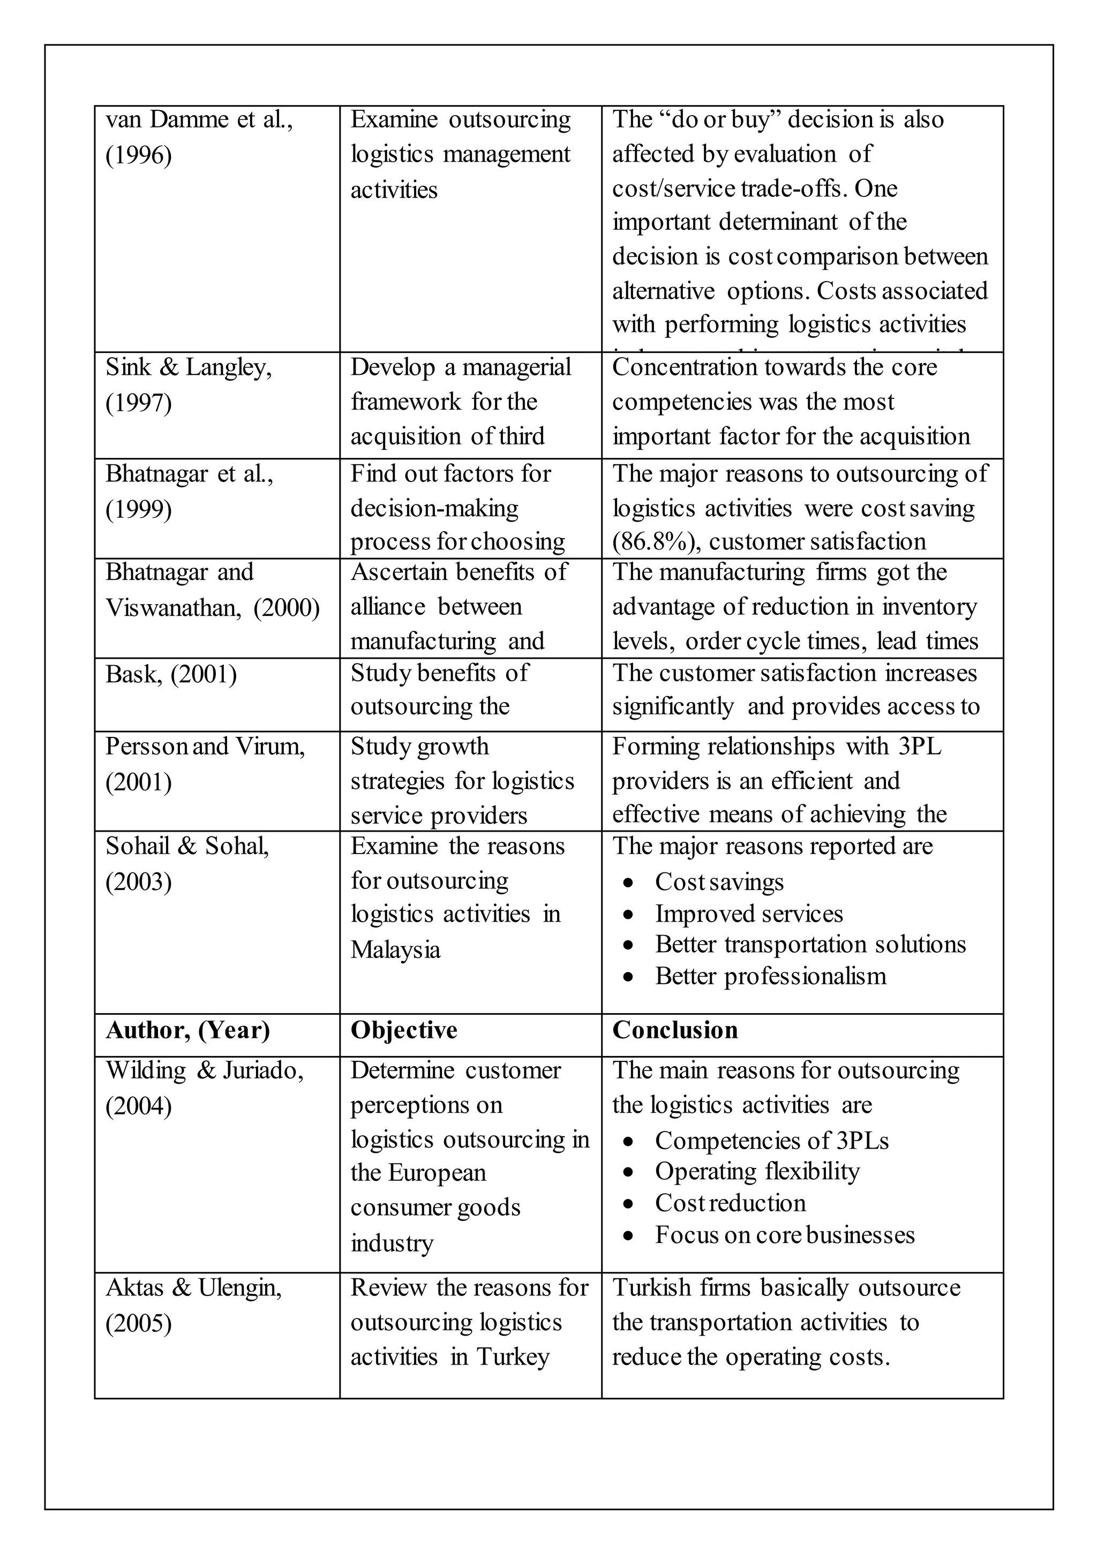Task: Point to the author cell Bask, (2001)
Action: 170,674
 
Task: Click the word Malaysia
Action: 395,949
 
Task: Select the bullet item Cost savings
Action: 719,882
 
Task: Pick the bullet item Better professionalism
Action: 770,976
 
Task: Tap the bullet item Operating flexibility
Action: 757,1171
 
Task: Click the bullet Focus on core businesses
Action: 784,1234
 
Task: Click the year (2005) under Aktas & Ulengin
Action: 138,1322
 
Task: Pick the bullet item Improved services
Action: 748,914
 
